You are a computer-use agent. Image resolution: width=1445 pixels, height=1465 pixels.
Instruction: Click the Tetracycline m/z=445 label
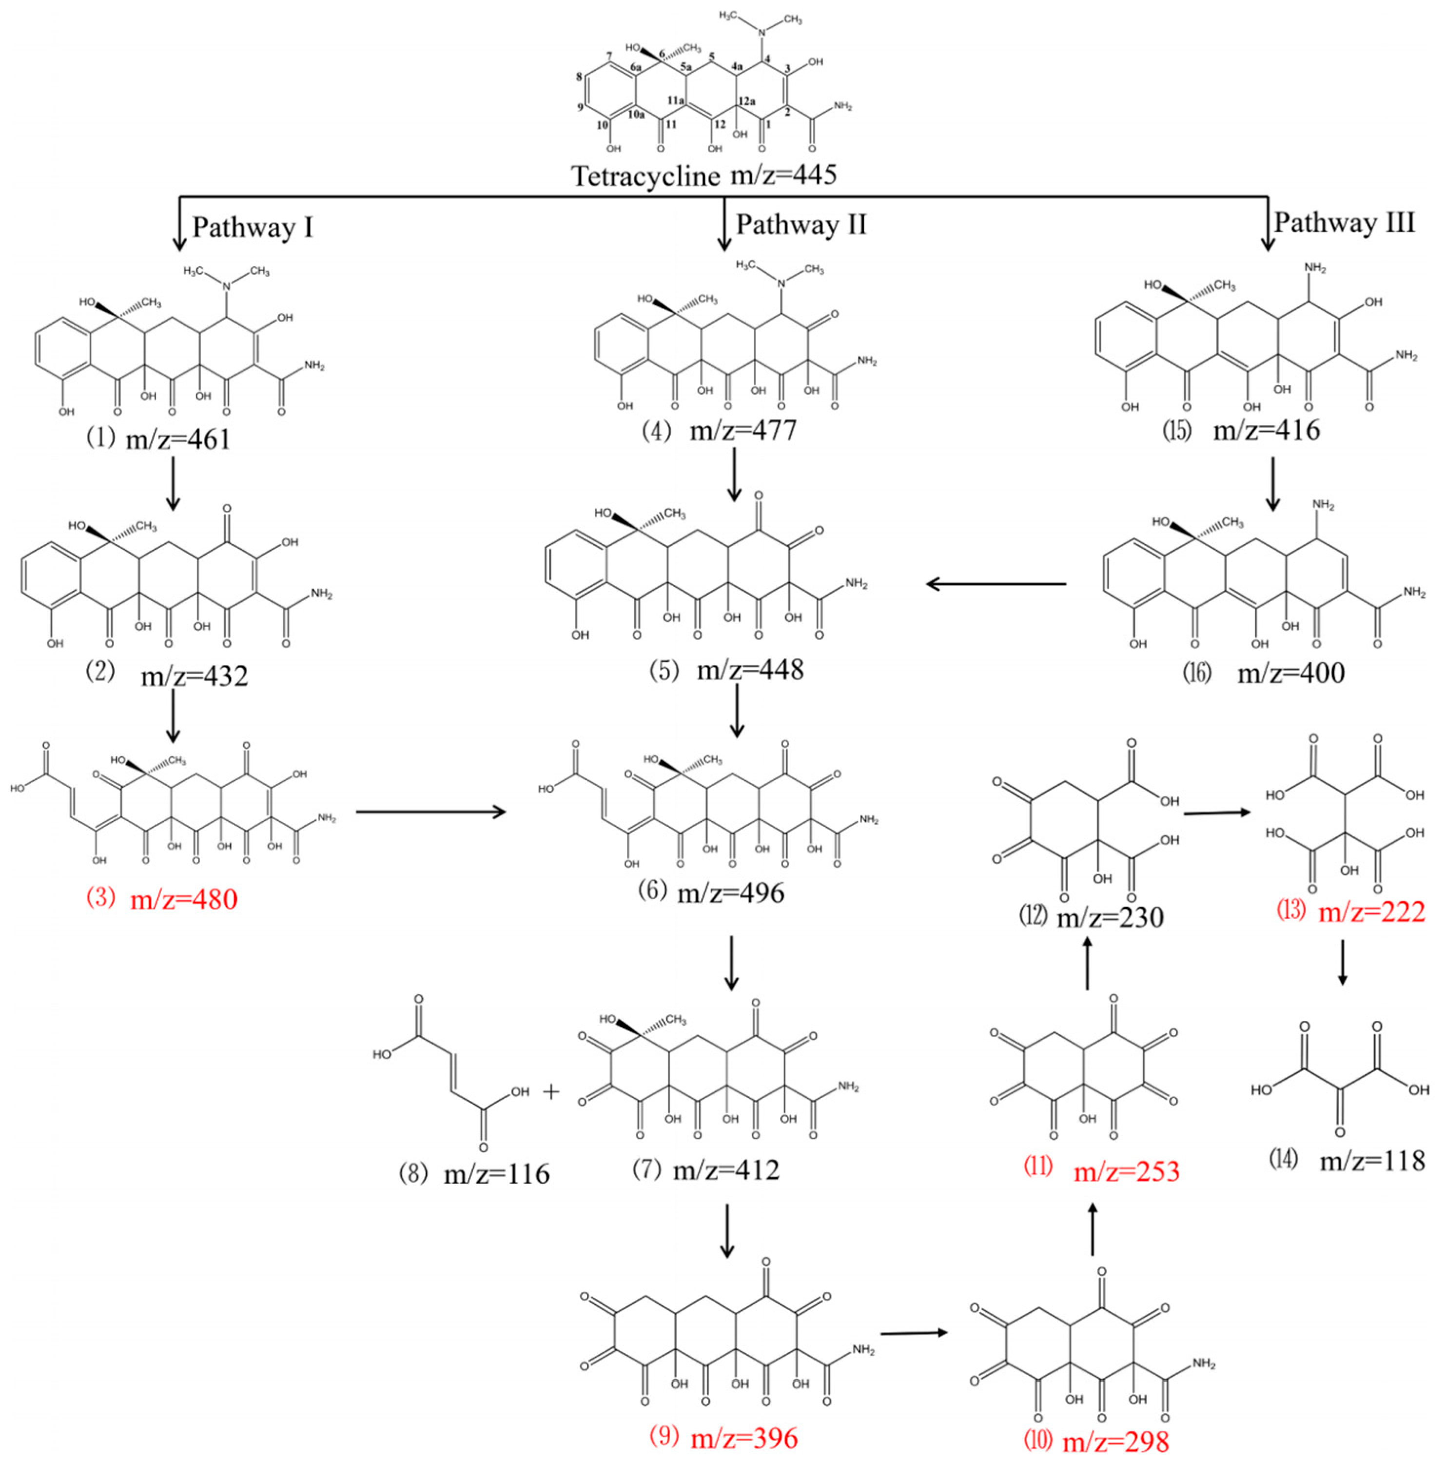(x=703, y=175)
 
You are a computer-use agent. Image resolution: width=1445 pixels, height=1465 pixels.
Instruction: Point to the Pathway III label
(x=1344, y=222)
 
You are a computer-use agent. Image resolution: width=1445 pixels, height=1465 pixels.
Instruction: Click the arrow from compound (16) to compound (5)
(x=996, y=584)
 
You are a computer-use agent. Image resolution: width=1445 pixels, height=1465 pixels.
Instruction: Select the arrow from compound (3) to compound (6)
(x=430, y=812)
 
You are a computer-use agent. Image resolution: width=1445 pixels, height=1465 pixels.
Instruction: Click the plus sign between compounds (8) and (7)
(x=551, y=1092)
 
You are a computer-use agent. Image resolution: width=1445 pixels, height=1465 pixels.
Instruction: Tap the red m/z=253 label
(x=1126, y=1171)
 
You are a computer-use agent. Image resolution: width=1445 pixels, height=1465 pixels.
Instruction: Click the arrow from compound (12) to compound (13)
(x=1216, y=813)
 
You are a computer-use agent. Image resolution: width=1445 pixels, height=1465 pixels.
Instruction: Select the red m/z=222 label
(x=1371, y=911)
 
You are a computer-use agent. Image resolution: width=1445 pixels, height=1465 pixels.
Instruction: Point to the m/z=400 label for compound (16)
(x=1290, y=673)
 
